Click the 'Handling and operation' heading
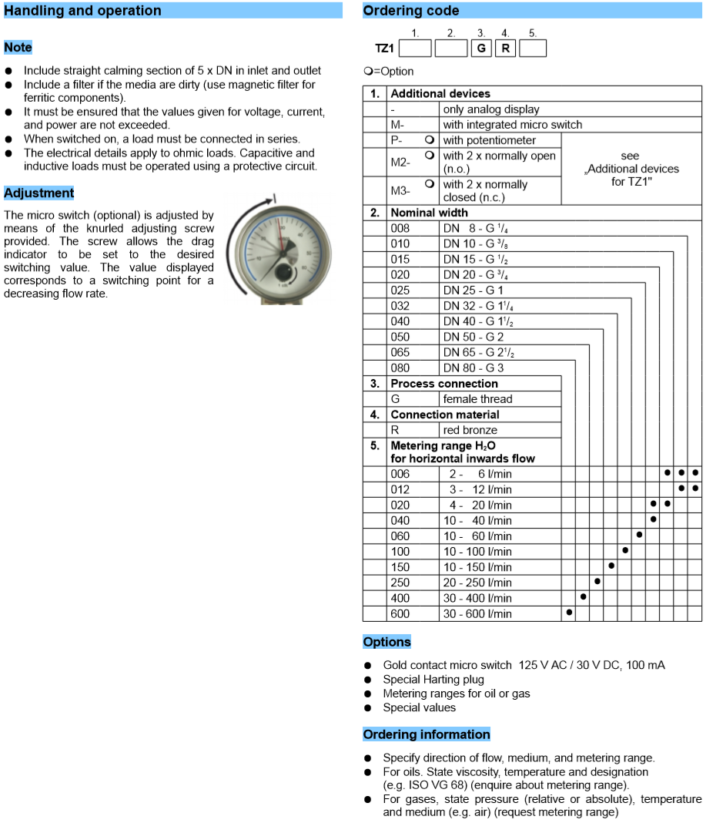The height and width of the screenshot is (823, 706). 83,11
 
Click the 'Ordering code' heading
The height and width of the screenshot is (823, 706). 411,11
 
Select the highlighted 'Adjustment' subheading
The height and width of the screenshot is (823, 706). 39,193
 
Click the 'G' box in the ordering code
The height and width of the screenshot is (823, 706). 481,48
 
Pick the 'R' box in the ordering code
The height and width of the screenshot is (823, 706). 505,48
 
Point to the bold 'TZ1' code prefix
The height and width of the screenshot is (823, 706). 384,49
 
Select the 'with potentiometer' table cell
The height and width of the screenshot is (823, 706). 490,140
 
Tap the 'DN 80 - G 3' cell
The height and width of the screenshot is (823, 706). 473,368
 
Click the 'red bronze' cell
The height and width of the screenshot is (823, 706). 470,430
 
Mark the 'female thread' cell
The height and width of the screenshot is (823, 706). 477,399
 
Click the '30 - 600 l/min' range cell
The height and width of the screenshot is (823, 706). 477,614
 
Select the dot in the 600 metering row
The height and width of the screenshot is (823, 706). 569,613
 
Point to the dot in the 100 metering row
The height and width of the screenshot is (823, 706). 625,550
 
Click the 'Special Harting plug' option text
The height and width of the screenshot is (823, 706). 433,680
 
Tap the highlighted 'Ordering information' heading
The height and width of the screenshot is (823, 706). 427,734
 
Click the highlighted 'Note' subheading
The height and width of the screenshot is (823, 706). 18,48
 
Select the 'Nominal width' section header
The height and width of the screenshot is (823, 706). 429,213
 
